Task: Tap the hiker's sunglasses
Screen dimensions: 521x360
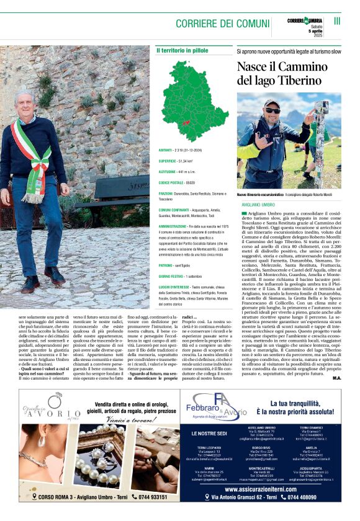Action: coord(272,110)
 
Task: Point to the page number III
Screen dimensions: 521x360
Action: coord(337,21)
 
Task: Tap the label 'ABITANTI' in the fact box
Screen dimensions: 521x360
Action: coord(166,150)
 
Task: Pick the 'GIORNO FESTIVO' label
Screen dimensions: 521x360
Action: coord(172,275)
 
